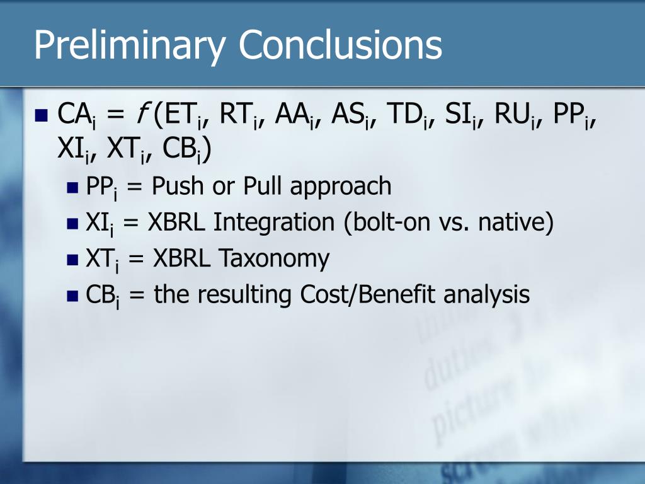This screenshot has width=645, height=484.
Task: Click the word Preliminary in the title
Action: pyautogui.click(x=129, y=45)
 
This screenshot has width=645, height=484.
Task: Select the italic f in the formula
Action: pyautogui.click(x=141, y=113)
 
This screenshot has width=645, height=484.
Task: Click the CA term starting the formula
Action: pyautogui.click(x=76, y=115)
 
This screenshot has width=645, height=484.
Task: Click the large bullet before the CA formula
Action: pyautogui.click(x=42, y=116)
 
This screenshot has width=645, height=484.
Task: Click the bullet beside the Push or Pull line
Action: pyautogui.click(x=72, y=188)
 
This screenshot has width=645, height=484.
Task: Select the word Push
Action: pyautogui.click(x=178, y=186)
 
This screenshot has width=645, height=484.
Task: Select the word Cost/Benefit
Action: pyautogui.click(x=367, y=295)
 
